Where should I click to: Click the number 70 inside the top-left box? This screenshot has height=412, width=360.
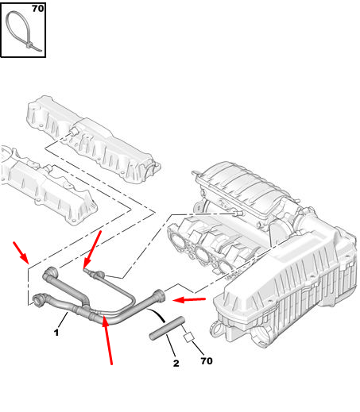[38, 9]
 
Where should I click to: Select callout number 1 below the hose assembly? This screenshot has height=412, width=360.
[56, 333]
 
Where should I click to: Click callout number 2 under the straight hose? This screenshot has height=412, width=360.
[176, 363]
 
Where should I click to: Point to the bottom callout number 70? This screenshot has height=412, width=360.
[207, 361]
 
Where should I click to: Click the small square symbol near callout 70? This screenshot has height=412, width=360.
[189, 337]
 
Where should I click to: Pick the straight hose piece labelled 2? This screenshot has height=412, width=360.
[167, 328]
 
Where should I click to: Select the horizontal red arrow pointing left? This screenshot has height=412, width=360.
[189, 300]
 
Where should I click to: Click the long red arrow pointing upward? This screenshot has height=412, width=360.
[107, 341]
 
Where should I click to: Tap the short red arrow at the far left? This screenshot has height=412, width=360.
[21, 252]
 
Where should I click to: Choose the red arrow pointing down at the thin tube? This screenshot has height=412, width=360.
[92, 249]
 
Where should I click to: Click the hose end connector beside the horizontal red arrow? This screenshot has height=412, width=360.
[160, 295]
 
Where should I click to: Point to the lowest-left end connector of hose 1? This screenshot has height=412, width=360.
[39, 299]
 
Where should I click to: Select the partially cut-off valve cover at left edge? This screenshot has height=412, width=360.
[48, 185]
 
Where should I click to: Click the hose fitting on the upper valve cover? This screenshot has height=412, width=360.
[73, 131]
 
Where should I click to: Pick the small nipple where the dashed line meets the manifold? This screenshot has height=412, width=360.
[238, 214]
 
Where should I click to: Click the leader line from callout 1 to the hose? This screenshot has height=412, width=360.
[63, 320]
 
